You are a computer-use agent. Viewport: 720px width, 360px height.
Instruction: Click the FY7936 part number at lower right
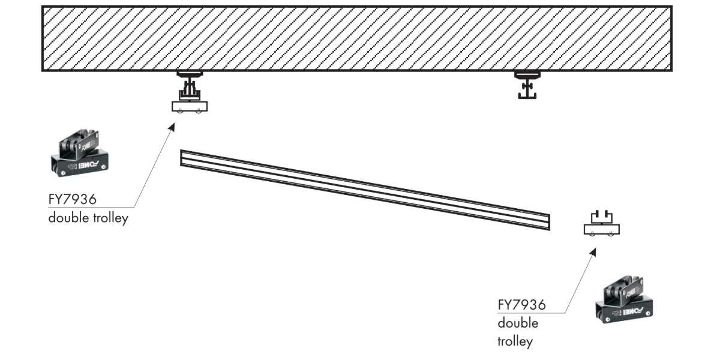point(521,305)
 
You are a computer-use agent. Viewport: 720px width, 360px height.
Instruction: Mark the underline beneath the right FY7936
point(531,313)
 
